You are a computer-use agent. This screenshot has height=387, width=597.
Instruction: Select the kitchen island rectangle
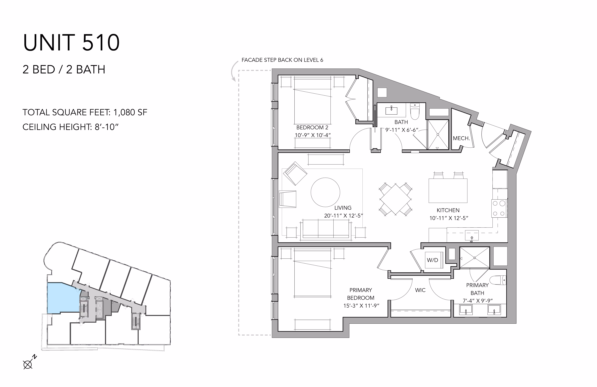448,190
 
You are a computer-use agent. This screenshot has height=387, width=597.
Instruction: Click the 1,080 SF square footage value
130,112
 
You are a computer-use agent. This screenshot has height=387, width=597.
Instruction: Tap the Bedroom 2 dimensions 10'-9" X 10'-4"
313,135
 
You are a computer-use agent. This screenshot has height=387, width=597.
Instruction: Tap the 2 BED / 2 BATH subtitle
64,69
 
